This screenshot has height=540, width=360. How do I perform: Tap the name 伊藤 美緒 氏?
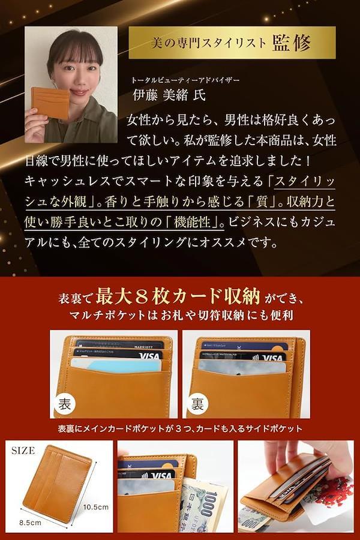pyautogui.click(x=169, y=95)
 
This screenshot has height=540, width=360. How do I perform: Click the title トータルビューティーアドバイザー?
pyautogui.click(x=185, y=80)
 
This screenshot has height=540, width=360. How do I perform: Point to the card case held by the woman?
pyautogui.click(x=50, y=102)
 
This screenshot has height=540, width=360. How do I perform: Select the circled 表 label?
pyautogui.click(x=65, y=403)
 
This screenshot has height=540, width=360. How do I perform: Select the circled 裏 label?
pyautogui.click(x=197, y=403)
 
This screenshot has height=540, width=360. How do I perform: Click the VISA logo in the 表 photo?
pyautogui.click(x=149, y=355)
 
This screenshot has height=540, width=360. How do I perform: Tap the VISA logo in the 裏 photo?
pyautogui.click(x=272, y=358)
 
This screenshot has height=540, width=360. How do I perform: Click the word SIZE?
pyautogui.click(x=23, y=451)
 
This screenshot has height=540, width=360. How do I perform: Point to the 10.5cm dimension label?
pyautogui.click(x=96, y=506)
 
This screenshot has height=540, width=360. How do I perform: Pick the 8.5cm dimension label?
pyautogui.click(x=30, y=523)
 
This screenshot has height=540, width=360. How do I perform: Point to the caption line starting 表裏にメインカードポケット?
pyautogui.click(x=180, y=429)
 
